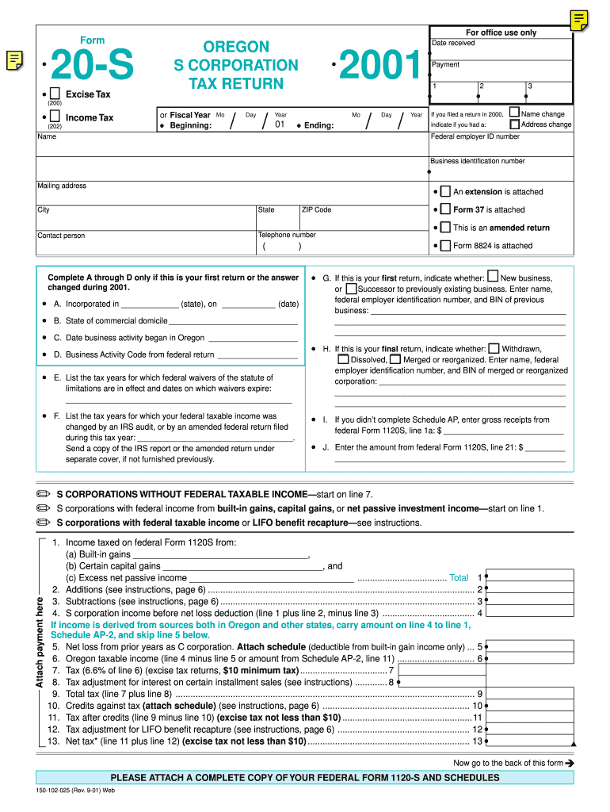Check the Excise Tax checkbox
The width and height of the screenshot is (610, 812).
tap(55, 94)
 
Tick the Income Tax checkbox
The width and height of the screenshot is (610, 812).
tap(55, 117)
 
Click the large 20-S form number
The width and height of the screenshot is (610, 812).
tap(93, 66)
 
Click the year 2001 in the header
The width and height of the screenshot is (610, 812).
tap(379, 67)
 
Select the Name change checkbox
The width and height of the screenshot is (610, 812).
tap(514, 113)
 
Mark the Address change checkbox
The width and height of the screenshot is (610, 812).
tap(514, 124)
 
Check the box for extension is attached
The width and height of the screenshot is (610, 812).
tap(445, 192)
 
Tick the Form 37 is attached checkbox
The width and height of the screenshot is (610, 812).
tap(445, 210)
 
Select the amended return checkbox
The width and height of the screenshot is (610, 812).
tap(445, 228)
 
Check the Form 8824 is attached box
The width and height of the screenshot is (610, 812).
tap(445, 246)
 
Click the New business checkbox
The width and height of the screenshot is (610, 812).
tap(493, 278)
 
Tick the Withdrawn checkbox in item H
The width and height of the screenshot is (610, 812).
tap(494, 348)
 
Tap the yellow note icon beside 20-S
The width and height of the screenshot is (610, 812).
tap(13, 59)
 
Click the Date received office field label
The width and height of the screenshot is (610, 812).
tap(453, 43)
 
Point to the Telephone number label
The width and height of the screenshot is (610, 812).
tap(287, 235)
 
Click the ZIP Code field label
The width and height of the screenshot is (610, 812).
tap(317, 209)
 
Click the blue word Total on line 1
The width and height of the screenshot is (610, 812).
tap(459, 578)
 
